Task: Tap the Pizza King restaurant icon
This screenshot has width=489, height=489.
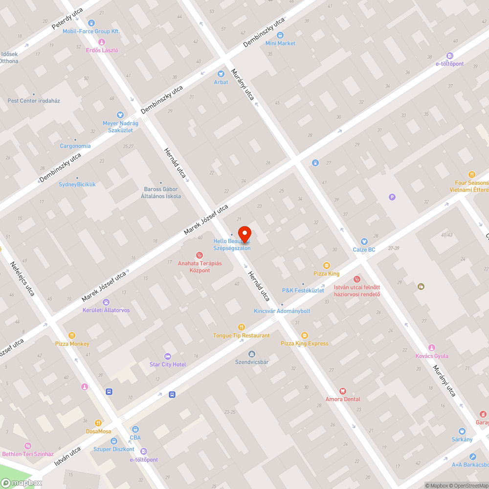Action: point(327,266)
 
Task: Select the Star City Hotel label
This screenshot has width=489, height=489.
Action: point(168,364)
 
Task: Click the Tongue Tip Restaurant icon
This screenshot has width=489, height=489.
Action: point(241,327)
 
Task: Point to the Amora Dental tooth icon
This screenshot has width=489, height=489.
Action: point(343,391)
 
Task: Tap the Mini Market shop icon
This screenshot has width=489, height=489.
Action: point(280,35)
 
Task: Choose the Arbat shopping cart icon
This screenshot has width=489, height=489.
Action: point(221,74)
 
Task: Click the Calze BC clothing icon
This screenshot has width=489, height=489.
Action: point(364,242)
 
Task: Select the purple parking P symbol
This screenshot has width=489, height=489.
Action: point(391,197)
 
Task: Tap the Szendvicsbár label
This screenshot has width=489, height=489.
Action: point(252,362)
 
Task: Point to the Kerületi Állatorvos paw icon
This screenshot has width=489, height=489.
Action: point(106,302)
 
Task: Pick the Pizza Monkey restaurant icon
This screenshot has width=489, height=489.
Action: point(72,335)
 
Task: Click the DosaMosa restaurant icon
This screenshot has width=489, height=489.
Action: point(98,423)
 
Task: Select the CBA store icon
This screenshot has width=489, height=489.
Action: point(135,429)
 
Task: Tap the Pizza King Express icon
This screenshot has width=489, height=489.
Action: point(305,335)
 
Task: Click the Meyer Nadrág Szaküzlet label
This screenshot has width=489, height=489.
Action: point(120,127)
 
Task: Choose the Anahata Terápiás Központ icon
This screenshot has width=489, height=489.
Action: point(200,255)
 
